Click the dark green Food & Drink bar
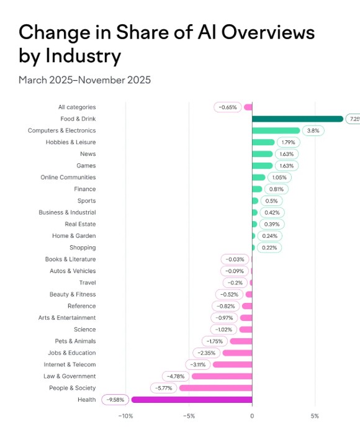pyautogui.click(x=297, y=119)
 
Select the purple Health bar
pyautogui.click(x=192, y=400)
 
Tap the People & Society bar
pyautogui.click(x=215, y=388)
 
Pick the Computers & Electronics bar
pyautogui.click(x=276, y=130)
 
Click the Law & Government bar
pyautogui.click(x=222, y=376)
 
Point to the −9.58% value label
pyautogui.click(x=115, y=400)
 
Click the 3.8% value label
pyautogui.click(x=313, y=130)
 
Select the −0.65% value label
pyautogui.click(x=228, y=107)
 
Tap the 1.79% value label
pyautogui.click(x=288, y=142)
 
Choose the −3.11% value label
pyautogui.click(x=197, y=364)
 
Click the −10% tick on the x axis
pyautogui.click(x=125, y=416)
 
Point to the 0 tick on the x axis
pyautogui.click(x=252, y=416)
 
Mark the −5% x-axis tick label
pyautogui.click(x=189, y=416)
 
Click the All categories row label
pyautogui.click(x=77, y=107)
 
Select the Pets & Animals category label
pyautogui.click(x=75, y=341)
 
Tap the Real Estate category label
pyautogui.click(x=80, y=224)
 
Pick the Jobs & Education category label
pyautogui.click(x=71, y=353)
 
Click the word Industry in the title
pyautogui.click(x=83, y=56)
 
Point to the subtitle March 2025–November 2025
pyautogui.click(x=84, y=80)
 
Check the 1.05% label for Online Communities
pyautogui.click(x=279, y=178)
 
